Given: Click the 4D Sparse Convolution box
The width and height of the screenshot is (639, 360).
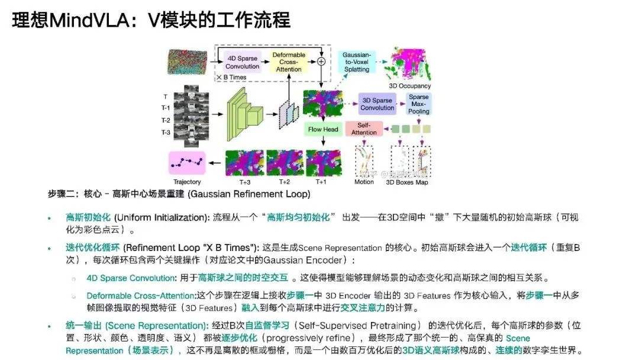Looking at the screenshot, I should click(243, 62).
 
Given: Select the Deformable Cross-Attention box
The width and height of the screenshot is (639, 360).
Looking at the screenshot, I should click(289, 62).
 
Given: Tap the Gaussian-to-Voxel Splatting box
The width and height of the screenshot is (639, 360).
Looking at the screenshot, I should click(357, 62).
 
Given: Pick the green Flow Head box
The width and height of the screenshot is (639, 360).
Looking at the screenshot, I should click(323, 129).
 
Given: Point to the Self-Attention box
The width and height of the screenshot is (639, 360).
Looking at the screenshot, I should click(364, 128).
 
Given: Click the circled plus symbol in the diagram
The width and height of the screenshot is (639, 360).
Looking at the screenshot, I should click(321, 61).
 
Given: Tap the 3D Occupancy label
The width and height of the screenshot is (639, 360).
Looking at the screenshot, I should click(409, 86).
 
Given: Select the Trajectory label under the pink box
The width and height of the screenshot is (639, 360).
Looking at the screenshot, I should click(187, 182).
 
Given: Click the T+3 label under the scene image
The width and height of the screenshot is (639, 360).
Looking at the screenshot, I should click(244, 182).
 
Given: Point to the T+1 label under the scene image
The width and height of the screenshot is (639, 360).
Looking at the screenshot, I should click(322, 182).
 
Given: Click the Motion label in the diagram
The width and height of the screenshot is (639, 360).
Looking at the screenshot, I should click(364, 182).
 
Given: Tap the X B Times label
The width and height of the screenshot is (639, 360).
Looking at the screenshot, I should click(232, 77).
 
